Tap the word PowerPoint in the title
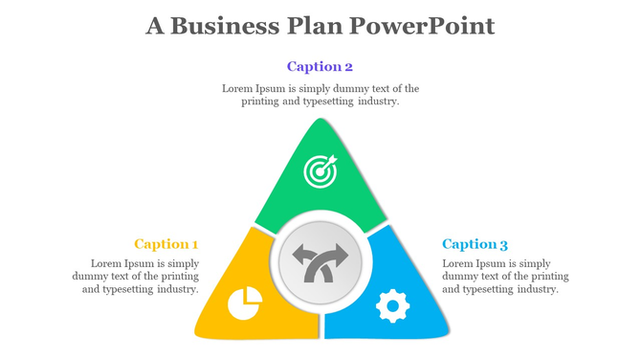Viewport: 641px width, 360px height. click(x=422, y=26)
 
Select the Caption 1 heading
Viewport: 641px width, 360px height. click(x=166, y=244)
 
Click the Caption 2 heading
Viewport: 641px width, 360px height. click(x=320, y=67)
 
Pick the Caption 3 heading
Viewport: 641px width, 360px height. click(x=475, y=244)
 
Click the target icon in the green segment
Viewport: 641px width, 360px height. click(x=320, y=171)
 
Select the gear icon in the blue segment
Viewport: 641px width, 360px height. click(x=392, y=305)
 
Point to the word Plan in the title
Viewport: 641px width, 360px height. click(x=312, y=26)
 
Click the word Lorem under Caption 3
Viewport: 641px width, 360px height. click(x=458, y=263)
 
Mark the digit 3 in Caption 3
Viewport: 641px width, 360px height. click(x=503, y=244)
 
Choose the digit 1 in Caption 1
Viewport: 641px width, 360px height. click(x=194, y=244)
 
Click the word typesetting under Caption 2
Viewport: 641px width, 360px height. click(x=325, y=101)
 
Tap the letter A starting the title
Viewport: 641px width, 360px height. click(x=155, y=26)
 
